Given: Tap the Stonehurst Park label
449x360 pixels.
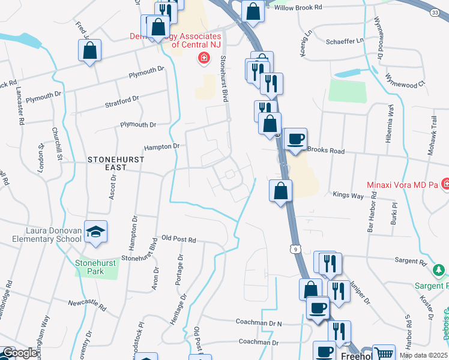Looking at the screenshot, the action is (x=89, y=267).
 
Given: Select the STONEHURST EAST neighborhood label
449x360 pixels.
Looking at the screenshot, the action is (x=107, y=163).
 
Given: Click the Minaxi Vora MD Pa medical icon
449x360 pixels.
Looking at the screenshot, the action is (x=445, y=184).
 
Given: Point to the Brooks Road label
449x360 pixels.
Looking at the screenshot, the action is (x=325, y=151).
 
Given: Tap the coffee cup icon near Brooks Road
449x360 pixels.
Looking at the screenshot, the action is (x=295, y=140).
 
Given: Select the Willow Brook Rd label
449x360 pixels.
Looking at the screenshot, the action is (x=298, y=7).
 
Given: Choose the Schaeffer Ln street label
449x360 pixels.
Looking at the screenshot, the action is (x=344, y=40).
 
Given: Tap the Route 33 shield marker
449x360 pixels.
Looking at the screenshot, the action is (x=435, y=12).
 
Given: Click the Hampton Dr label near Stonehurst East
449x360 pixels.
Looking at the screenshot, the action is (x=161, y=146).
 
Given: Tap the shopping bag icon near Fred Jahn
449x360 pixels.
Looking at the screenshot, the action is (x=89, y=51).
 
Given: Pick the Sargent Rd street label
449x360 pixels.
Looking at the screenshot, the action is (x=410, y=261).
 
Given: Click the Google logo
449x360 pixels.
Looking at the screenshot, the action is (x=19, y=353).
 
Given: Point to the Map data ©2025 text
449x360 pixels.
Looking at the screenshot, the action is (x=423, y=355).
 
